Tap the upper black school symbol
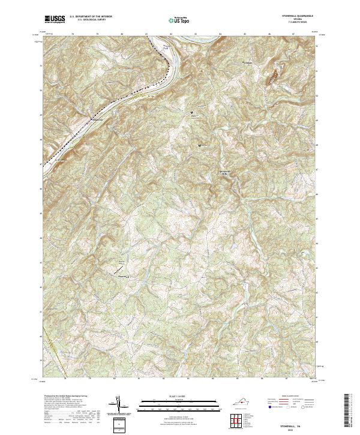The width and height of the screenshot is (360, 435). (192, 112)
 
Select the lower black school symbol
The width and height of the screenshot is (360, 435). (200, 145)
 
